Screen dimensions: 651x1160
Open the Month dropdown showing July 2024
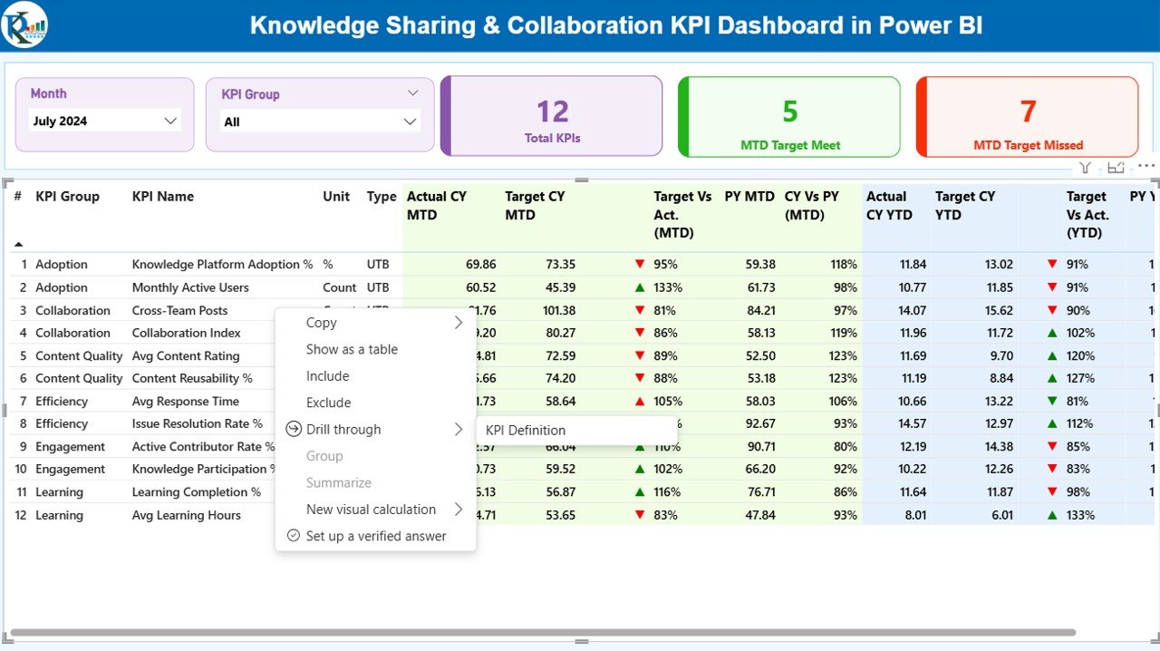(x=104, y=121)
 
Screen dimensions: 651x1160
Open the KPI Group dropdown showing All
(x=319, y=121)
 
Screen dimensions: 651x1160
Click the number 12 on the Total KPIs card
(x=552, y=112)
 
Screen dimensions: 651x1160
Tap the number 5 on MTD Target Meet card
(x=789, y=112)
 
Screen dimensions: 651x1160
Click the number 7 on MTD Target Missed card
(x=1028, y=112)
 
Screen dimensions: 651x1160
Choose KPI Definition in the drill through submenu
(x=526, y=430)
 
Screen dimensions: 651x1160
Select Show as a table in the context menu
(x=352, y=349)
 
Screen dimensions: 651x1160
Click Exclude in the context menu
(x=328, y=403)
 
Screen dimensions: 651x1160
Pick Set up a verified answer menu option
(x=375, y=536)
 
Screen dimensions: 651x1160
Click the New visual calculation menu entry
(x=371, y=510)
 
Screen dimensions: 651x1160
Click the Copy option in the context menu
(x=321, y=323)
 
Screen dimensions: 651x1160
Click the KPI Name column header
(x=163, y=196)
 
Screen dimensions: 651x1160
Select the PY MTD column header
(x=749, y=196)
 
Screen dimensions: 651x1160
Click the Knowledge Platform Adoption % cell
(x=222, y=265)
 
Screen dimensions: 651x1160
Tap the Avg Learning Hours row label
(x=187, y=515)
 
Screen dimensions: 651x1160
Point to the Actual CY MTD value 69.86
(x=480, y=265)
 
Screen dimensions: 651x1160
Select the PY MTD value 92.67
(x=759, y=423)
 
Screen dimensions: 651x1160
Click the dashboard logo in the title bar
(x=24, y=24)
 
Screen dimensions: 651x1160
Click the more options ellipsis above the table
(x=1146, y=167)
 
